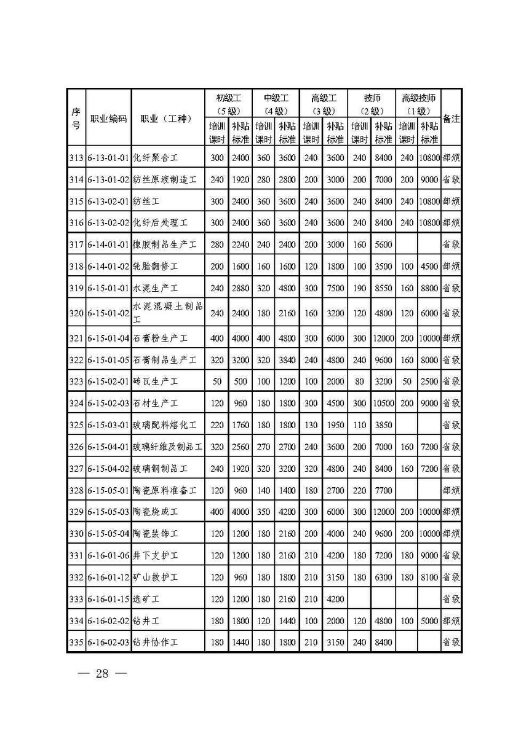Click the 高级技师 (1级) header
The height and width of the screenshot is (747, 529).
tap(418, 104)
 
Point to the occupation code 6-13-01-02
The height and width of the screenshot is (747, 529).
tap(108, 179)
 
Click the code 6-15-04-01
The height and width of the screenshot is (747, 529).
tap(108, 447)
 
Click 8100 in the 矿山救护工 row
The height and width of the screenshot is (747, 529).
tap(429, 577)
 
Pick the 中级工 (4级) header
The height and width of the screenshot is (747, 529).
tap(276, 104)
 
